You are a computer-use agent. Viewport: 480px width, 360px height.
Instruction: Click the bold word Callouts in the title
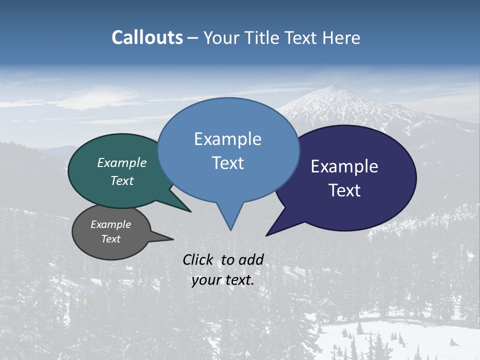click(x=147, y=37)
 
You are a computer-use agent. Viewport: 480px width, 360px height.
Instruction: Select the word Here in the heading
click(x=341, y=37)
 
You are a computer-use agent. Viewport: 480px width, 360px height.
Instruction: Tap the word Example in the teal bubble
click(x=122, y=163)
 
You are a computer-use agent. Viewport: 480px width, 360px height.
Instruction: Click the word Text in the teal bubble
click(x=122, y=180)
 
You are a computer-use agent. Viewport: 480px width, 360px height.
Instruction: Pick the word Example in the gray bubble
click(x=111, y=224)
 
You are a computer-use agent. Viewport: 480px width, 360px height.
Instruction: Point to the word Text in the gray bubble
click(x=111, y=239)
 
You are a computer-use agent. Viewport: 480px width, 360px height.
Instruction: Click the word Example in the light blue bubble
click(x=227, y=139)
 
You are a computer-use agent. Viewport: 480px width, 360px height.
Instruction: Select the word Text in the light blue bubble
click(x=227, y=163)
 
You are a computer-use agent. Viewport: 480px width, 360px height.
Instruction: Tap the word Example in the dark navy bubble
click(x=344, y=166)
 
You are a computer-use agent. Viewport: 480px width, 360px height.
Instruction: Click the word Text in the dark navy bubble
click(x=344, y=190)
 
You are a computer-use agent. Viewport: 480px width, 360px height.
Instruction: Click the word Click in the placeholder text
click(x=199, y=259)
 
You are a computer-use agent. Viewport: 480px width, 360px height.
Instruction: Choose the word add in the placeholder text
click(x=251, y=259)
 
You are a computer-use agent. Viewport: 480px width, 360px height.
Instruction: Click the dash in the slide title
click(x=193, y=38)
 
